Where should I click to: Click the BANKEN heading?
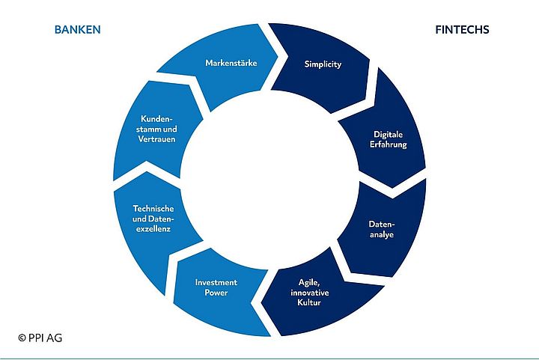click(77, 30)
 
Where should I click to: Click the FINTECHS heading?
click(462, 30)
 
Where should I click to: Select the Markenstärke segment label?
click(231, 63)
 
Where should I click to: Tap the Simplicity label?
click(323, 64)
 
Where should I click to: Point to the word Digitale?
click(389, 134)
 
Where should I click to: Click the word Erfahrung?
click(390, 144)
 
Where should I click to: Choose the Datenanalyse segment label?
click(381, 229)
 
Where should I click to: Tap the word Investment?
click(216, 282)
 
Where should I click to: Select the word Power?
click(216, 293)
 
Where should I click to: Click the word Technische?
click(153, 208)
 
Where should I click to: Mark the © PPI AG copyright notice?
click(40, 338)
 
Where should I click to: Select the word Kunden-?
click(158, 119)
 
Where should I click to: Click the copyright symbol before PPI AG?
click(22, 338)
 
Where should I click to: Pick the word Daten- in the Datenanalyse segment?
click(381, 224)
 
